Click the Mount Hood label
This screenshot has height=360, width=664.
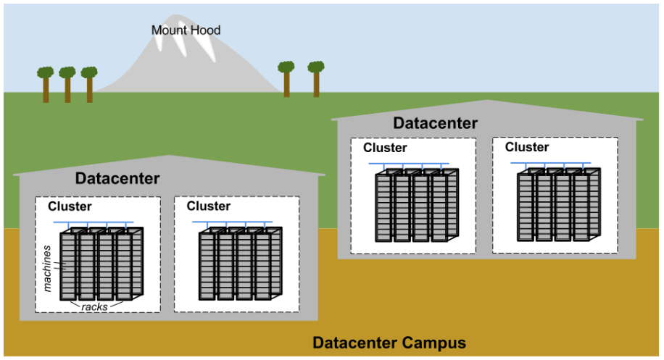tap(186, 30)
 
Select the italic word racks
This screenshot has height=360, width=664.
tap(95, 306)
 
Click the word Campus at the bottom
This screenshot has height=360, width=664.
tap(431, 343)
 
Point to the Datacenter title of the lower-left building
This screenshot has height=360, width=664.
tap(117, 178)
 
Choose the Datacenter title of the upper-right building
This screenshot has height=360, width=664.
tap(435, 123)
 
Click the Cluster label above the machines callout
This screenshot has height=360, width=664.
tap(70, 206)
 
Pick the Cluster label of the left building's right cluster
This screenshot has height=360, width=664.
tap(209, 206)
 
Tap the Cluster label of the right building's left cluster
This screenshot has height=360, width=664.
tap(385, 148)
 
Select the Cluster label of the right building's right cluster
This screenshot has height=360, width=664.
tap(527, 147)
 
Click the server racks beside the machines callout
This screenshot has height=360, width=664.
tap(101, 265)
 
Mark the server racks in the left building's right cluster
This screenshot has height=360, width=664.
tap(240, 265)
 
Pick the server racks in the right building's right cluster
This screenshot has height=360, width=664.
tap(558, 206)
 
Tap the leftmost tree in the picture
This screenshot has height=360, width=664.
tap(46, 83)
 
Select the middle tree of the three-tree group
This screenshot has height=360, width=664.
tap(67, 83)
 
